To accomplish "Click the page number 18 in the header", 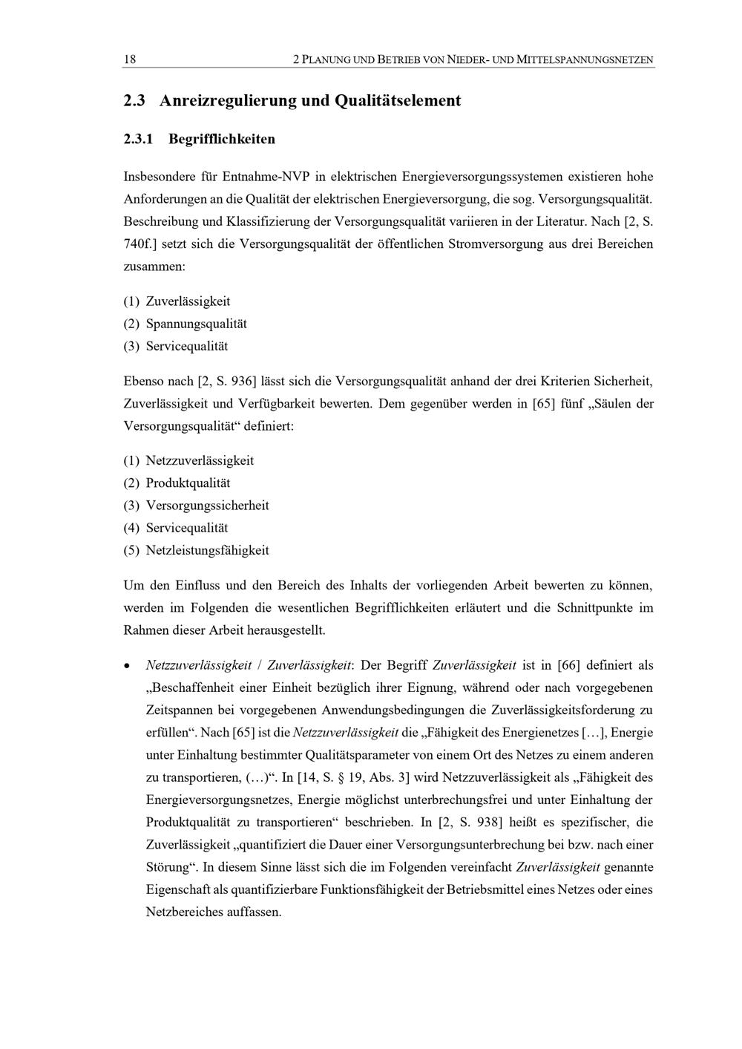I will (129, 59).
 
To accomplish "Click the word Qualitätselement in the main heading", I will (398, 100).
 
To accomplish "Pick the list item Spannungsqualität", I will (196, 324).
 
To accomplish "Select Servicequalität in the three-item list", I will (187, 346).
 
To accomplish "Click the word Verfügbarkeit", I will (333, 404).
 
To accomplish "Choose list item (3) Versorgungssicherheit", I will (207, 506).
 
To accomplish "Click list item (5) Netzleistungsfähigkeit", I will (207, 550).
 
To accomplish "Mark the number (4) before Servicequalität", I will (131, 528).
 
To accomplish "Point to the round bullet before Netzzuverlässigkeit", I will (128, 666).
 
